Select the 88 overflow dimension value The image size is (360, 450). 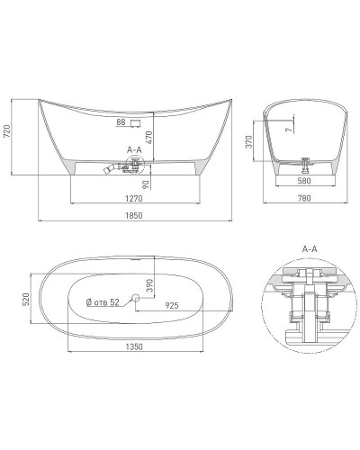point(121,121)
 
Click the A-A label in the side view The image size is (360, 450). point(134,147)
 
